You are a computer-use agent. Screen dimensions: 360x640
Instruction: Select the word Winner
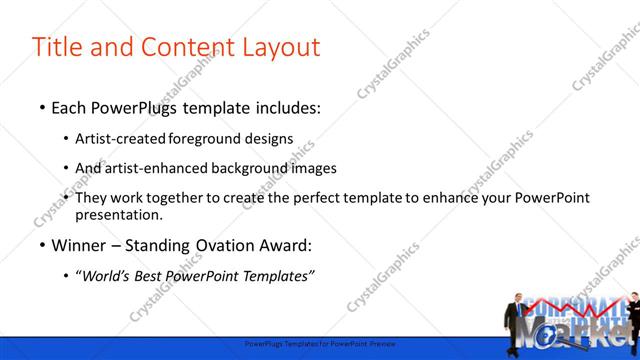79,245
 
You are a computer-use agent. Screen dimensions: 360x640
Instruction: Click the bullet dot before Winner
42,245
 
